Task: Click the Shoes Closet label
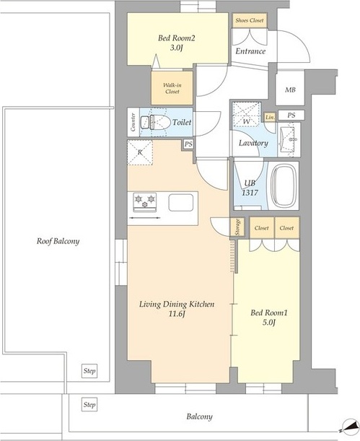click(250, 20)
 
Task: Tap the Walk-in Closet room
click(172, 88)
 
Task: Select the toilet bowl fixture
click(160, 123)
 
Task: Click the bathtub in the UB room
click(284, 185)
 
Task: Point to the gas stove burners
click(145, 202)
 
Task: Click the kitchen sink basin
click(180, 203)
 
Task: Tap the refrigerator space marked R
click(140, 152)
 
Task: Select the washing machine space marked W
click(247, 114)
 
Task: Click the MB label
click(290, 89)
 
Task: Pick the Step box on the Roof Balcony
click(89, 371)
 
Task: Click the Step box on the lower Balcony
click(89, 405)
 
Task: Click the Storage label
click(238, 227)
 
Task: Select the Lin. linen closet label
click(270, 118)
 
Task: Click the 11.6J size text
click(177, 314)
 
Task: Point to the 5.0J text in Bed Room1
click(268, 323)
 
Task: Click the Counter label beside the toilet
click(133, 122)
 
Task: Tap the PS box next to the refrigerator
click(188, 144)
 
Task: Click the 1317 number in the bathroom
click(250, 193)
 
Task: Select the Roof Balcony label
click(58, 241)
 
